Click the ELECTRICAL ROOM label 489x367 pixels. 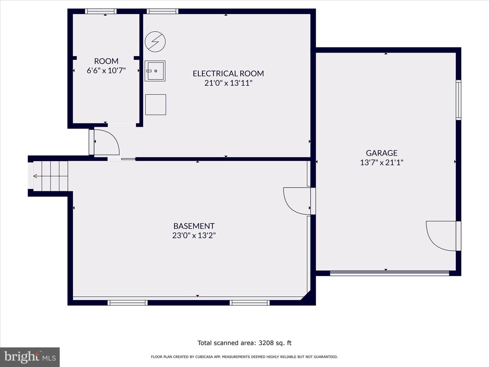[228, 73]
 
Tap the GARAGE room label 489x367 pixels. [382, 153]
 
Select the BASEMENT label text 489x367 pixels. [194, 226]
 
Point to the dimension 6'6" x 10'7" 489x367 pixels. [106, 70]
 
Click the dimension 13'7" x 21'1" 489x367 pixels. [382, 162]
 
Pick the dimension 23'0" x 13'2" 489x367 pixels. [194, 235]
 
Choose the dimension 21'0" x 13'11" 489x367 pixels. [228, 83]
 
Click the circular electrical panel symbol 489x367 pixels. [155, 42]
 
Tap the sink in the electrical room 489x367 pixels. [155, 71]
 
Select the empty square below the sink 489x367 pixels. [156, 105]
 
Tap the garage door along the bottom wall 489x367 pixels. [390, 273]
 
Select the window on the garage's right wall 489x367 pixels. [458, 100]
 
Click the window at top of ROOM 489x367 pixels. [101, 11]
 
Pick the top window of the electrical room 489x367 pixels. [162, 11]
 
